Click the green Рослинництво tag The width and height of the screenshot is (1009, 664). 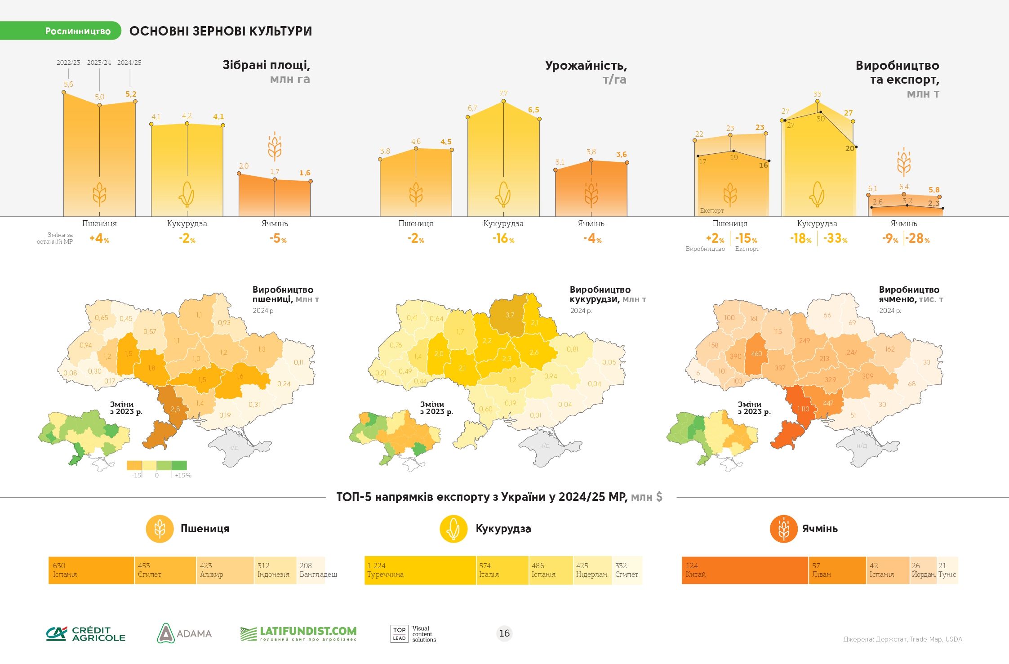point(61,31)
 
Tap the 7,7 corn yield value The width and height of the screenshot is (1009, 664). point(503,94)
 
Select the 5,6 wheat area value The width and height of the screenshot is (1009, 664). point(68,84)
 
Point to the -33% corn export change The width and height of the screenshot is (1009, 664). point(836,238)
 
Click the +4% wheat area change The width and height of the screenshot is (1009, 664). point(99,238)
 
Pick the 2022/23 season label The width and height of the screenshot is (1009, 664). point(68,62)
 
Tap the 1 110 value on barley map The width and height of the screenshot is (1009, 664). point(803,409)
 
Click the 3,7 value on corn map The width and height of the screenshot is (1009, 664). point(510,315)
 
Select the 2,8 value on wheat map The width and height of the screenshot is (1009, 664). point(175,409)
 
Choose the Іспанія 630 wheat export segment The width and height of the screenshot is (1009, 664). point(91,570)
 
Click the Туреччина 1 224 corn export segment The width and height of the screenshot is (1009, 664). point(420,570)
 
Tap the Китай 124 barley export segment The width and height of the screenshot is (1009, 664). point(745,570)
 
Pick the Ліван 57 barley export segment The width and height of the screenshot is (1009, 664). point(837,570)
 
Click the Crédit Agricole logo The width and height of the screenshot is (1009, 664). point(86,633)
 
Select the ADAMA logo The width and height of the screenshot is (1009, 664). point(184,633)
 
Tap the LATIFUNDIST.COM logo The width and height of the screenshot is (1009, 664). point(298,633)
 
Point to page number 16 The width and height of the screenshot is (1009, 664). point(504,633)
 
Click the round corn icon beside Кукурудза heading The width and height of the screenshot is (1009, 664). point(453,529)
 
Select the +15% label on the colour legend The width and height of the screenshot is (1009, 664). point(183,475)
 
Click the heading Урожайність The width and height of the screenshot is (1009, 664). point(586,66)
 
